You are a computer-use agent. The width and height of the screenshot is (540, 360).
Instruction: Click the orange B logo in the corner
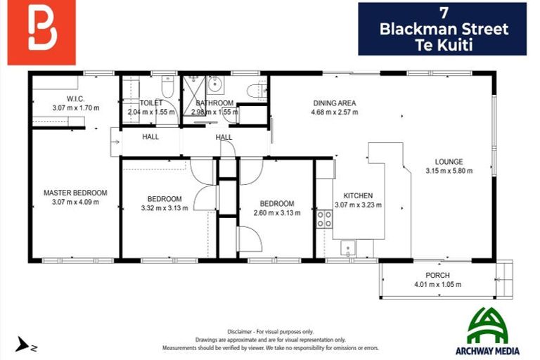tap(41, 32)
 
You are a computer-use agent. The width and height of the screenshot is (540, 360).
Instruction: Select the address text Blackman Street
tap(443, 30)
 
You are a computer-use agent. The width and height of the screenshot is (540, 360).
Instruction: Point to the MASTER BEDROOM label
tap(75, 193)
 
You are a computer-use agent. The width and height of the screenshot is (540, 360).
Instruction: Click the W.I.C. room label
tap(75, 98)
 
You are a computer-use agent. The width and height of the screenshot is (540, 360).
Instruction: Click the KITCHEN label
tap(358, 196)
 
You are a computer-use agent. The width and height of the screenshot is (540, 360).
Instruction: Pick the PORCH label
tap(437, 275)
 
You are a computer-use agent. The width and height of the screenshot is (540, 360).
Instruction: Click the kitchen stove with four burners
tap(324, 219)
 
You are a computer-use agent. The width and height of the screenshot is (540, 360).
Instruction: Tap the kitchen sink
tap(348, 247)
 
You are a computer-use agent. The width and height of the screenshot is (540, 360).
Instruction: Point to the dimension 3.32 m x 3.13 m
tap(164, 208)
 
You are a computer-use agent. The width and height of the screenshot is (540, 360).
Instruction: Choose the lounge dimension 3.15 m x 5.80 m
tap(449, 170)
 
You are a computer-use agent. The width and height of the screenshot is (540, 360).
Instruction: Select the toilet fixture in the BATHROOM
tap(257, 90)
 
